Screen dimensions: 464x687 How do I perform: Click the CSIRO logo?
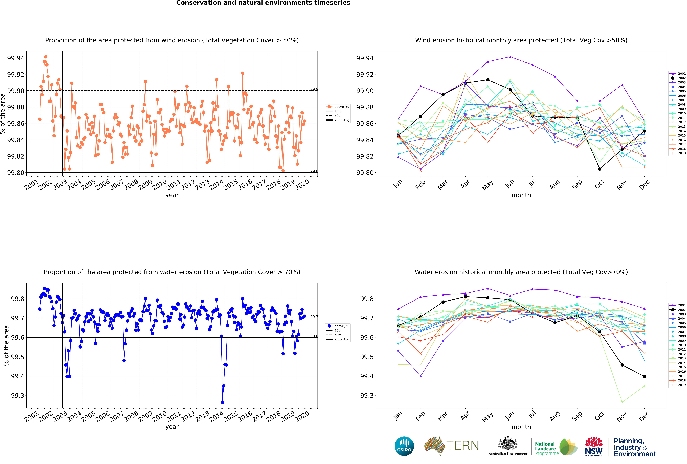(404, 446)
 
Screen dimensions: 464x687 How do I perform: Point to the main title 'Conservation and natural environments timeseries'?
(263, 3)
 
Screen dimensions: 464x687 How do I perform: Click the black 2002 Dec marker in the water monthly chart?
(644, 377)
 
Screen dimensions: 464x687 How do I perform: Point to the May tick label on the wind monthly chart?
(487, 185)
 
